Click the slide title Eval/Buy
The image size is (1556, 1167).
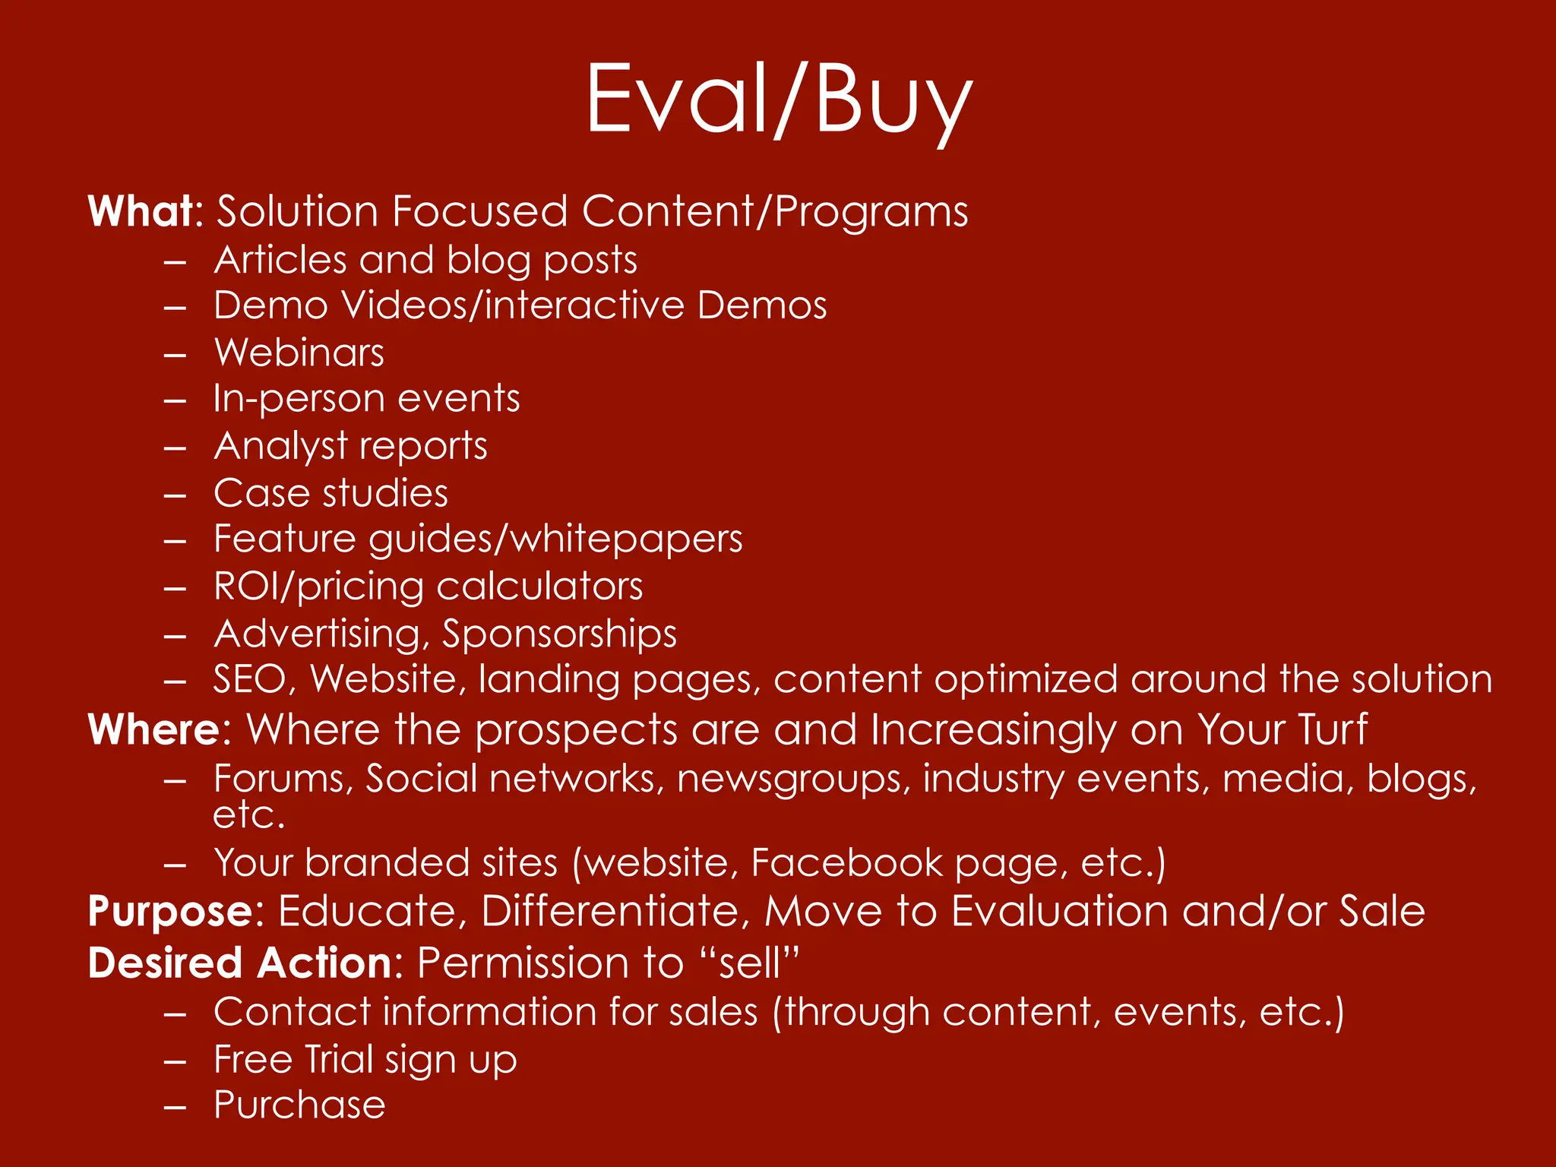(778, 100)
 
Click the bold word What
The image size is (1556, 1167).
(142, 211)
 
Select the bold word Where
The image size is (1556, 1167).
(153, 730)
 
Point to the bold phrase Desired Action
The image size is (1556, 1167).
(239, 963)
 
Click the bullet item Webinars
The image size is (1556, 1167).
(299, 353)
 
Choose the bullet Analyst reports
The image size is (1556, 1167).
(351, 446)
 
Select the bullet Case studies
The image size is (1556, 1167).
(331, 493)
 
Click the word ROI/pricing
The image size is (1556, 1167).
(318, 587)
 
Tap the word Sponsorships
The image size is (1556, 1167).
(559, 634)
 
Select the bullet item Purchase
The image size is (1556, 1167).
(299, 1105)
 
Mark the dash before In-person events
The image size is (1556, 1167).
(175, 400)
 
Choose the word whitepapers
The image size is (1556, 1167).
(626, 539)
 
